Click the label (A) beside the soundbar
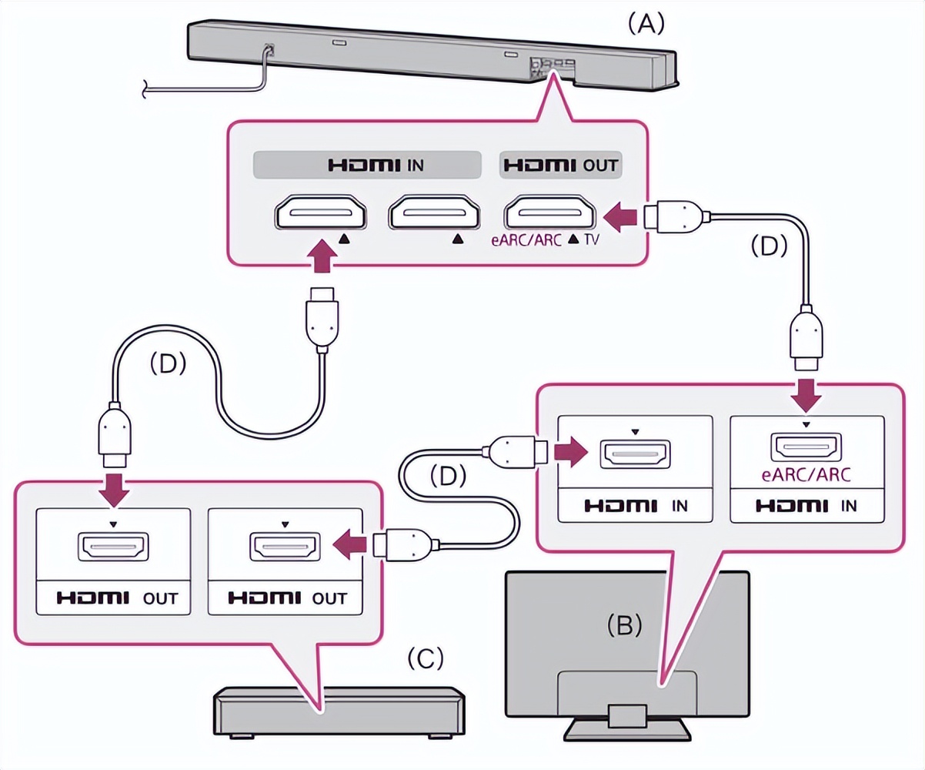pyautogui.click(x=646, y=24)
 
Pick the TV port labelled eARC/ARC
pyautogui.click(x=806, y=447)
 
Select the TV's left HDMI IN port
pyautogui.click(x=636, y=454)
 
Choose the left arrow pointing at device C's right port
pyautogui.click(x=350, y=544)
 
